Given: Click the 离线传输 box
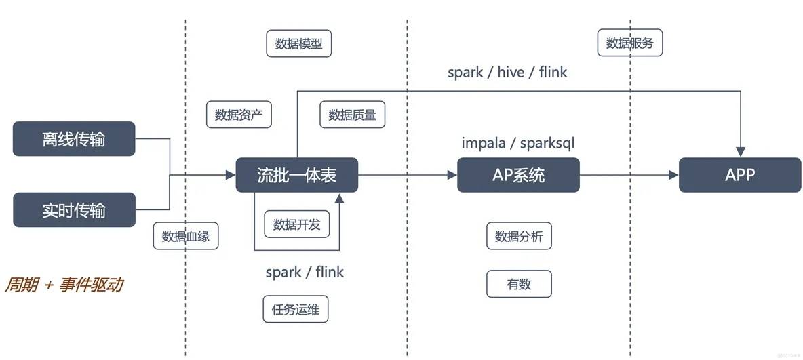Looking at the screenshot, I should (x=74, y=139).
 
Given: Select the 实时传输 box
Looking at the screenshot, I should (x=74, y=210).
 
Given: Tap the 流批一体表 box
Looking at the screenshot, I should (x=296, y=175).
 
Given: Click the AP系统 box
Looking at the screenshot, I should (x=518, y=175).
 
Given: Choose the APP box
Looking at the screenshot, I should (x=740, y=175).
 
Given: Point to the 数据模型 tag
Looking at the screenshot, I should (x=298, y=44).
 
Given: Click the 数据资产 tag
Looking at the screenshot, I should (x=239, y=115).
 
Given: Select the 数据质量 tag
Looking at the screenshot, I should (x=352, y=115).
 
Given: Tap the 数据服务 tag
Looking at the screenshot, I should (x=629, y=43).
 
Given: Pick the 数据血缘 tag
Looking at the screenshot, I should (x=186, y=237).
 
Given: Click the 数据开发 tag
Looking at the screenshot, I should (x=296, y=224).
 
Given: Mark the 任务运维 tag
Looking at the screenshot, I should (x=295, y=310).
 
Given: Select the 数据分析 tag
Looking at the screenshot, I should (x=519, y=236).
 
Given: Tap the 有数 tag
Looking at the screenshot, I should (x=519, y=284).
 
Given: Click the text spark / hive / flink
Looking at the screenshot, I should (x=507, y=72).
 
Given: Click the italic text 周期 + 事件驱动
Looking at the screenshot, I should (x=64, y=285).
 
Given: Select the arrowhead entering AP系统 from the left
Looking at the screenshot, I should (x=452, y=175).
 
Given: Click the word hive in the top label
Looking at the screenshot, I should (x=511, y=72).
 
